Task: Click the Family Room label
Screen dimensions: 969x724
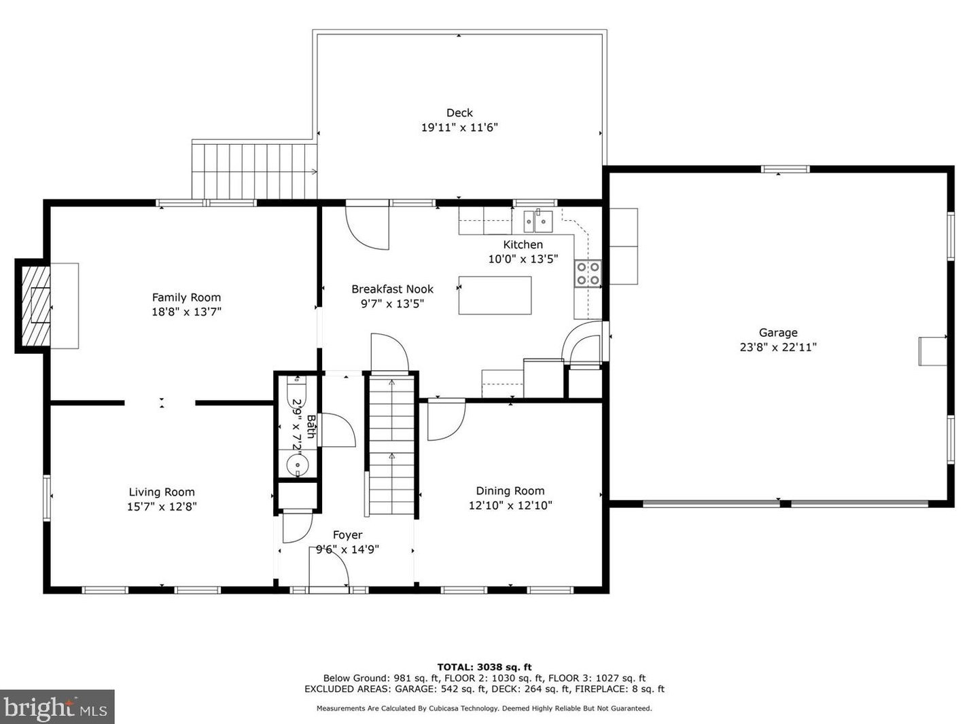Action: coord(186,297)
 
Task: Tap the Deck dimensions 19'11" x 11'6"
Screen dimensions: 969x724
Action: coord(459,128)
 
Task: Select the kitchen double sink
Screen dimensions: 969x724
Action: coord(538,221)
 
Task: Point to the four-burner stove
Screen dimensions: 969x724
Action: coord(588,273)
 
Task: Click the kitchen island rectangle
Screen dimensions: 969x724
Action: coord(495,295)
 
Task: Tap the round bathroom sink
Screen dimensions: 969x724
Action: coord(298,465)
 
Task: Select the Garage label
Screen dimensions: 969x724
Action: coord(778,332)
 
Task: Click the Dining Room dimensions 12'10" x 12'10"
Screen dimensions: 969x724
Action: coord(510,505)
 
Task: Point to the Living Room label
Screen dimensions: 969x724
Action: coord(162,492)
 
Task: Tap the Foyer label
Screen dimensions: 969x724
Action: coord(347,535)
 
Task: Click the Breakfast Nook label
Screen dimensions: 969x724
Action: coord(393,289)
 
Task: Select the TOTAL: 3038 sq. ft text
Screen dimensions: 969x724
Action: coord(484,667)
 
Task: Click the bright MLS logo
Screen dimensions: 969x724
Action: coord(57,707)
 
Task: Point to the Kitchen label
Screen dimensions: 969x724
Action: coord(523,245)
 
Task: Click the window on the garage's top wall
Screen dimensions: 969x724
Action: coord(786,169)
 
